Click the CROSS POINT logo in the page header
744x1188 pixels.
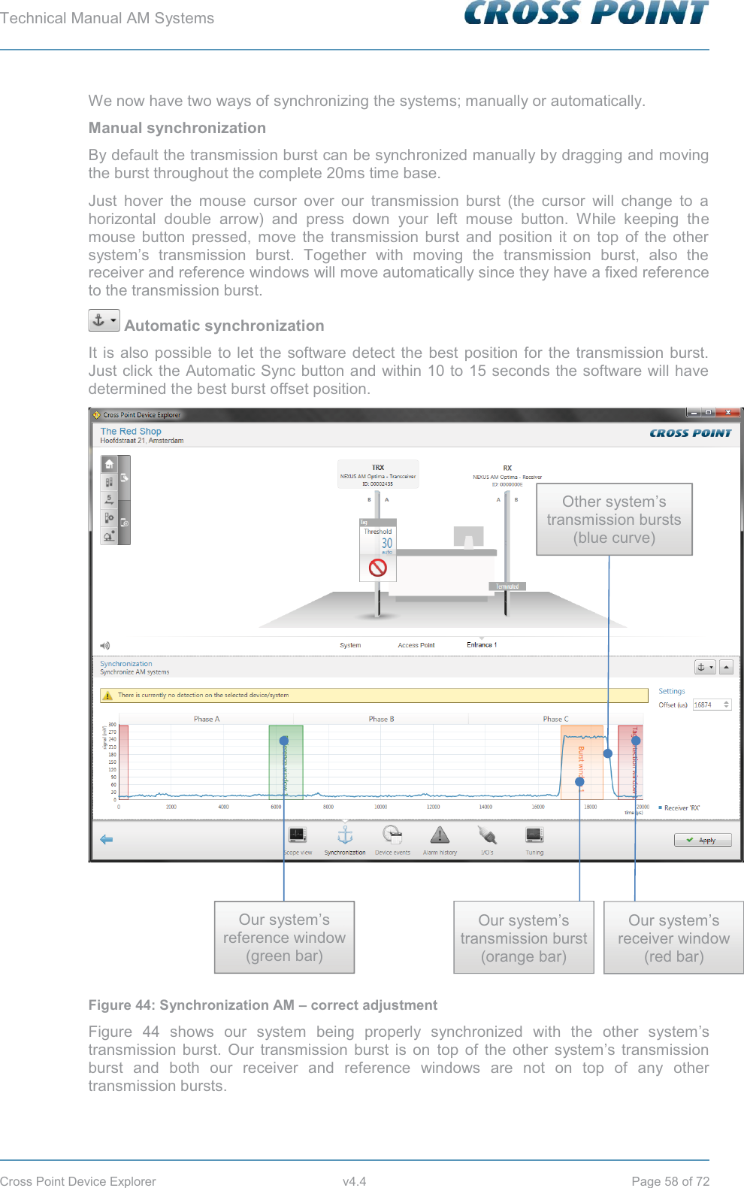click(x=586, y=14)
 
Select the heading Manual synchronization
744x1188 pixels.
click(x=177, y=128)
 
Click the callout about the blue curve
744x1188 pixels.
click(x=614, y=520)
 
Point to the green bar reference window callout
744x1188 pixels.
click(x=284, y=938)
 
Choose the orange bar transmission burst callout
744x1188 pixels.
click(x=524, y=938)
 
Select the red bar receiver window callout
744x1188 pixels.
click(x=673, y=938)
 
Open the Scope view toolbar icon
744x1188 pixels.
click(x=298, y=835)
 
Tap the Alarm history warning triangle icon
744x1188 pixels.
click(x=440, y=835)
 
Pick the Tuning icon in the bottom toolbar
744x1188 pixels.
click(x=534, y=835)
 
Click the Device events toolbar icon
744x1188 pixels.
click(x=392, y=835)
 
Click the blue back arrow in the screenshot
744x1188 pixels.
click(x=107, y=839)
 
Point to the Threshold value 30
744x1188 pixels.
click(x=386, y=543)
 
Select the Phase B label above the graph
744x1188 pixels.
click(x=381, y=719)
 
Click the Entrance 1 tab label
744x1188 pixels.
click(x=481, y=644)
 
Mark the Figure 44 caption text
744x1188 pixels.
click(x=262, y=1005)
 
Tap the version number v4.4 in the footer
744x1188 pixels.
click(x=354, y=1181)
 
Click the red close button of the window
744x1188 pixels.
click(x=727, y=413)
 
